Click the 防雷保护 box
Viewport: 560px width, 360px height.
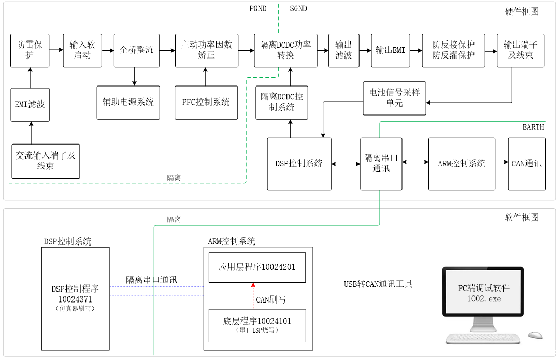[30, 50]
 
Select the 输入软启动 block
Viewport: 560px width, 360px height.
[82, 50]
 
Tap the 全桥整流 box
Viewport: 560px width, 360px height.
[136, 50]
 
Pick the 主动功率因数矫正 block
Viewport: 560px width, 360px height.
[206, 50]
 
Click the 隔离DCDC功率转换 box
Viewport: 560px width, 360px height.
[285, 50]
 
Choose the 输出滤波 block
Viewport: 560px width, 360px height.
[344, 50]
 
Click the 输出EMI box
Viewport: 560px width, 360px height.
[390, 50]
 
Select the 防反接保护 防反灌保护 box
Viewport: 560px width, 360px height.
[453, 50]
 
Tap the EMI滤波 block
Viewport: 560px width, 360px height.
[30, 104]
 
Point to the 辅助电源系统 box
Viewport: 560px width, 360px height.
[128, 102]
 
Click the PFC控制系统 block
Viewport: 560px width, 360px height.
[206, 102]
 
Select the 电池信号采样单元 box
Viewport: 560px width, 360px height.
[394, 98]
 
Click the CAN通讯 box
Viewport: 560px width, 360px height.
[527, 164]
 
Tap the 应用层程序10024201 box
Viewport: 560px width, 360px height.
[257, 267]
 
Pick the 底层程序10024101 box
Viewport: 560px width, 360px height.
[257, 325]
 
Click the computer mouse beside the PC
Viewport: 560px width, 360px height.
[536, 335]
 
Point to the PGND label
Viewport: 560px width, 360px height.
[258, 8]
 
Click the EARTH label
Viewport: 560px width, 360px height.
[533, 127]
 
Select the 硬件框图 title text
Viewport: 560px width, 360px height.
[522, 11]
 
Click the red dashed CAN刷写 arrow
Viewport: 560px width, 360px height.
[253, 295]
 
